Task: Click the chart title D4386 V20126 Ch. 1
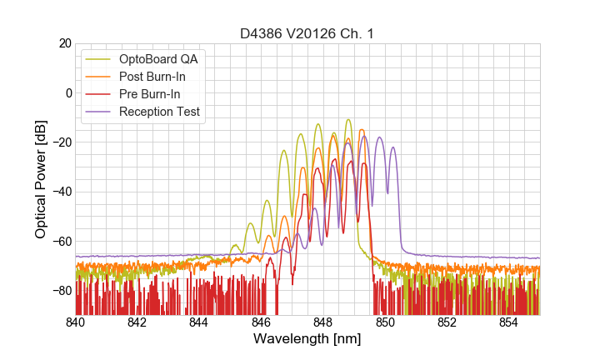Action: coord(307,33)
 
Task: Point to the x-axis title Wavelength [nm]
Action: coord(307,340)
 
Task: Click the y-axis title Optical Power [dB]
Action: coord(41,179)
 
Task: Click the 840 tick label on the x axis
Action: coord(75,322)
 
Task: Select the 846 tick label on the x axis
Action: coord(261,322)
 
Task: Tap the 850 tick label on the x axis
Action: coord(385,322)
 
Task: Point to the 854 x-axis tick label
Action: coord(508,322)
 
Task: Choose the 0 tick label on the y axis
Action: coord(67,92)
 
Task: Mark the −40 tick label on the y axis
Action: coord(60,192)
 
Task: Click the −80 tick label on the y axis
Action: coord(60,291)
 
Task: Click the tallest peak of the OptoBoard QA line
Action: coord(348,120)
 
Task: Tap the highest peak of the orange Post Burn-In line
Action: coord(361,130)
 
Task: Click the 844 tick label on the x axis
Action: coord(199,322)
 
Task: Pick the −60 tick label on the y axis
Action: coord(60,242)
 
